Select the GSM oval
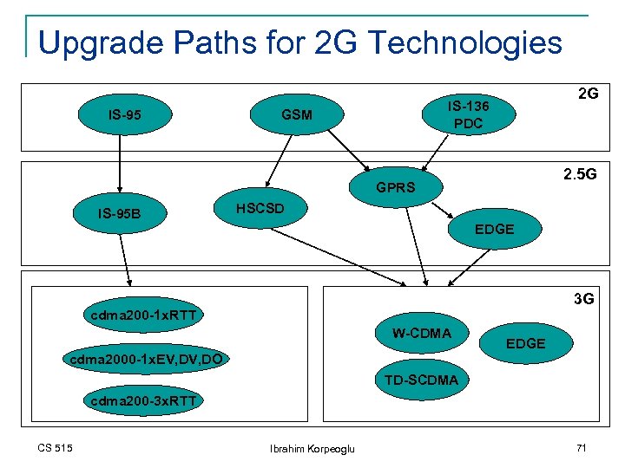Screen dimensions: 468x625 click(297, 114)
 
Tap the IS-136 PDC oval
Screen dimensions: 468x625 click(468, 114)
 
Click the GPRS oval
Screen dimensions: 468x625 click(396, 187)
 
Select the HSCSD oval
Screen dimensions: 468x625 click(260, 209)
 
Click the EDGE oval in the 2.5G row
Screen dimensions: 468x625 click(494, 230)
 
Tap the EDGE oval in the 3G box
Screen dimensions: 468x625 click(525, 343)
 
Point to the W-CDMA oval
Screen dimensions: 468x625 click(422, 334)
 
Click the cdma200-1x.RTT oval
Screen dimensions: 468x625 click(143, 314)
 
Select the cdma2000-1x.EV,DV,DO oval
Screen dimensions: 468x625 click(144, 358)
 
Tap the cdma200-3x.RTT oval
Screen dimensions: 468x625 click(143, 400)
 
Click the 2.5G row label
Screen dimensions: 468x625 click(579, 174)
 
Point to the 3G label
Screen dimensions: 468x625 click(583, 299)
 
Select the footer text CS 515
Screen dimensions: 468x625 click(55, 447)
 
